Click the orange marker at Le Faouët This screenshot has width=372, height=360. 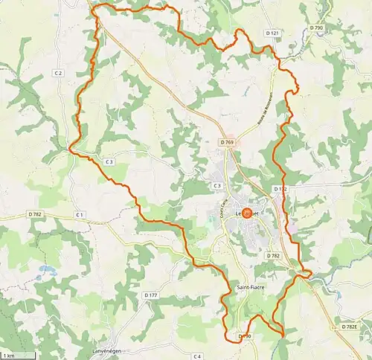(x=248, y=213)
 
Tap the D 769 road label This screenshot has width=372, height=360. (x=227, y=142)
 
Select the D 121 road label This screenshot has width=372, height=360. (x=273, y=33)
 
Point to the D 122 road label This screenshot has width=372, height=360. (x=279, y=189)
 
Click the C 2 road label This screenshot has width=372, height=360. (x=58, y=73)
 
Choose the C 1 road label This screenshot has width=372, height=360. (x=79, y=215)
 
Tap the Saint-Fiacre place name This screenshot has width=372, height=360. (x=251, y=287)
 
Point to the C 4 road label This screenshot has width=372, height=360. (x=197, y=357)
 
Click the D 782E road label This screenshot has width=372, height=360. (x=350, y=327)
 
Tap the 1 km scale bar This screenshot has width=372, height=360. (x=9, y=354)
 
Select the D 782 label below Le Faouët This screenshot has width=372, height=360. (x=272, y=255)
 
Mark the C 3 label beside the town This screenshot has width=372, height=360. (x=217, y=185)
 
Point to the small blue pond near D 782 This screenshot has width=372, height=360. (x=47, y=269)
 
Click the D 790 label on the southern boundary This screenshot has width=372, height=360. (x=245, y=337)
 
